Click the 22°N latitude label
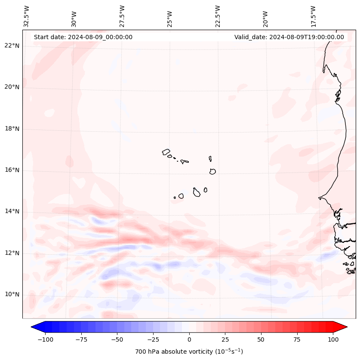pyautogui.click(x=12, y=46)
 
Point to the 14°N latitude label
pyautogui.click(x=12, y=211)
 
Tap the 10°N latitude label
pyautogui.click(x=12, y=294)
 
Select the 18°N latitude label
pyautogui.click(x=12, y=129)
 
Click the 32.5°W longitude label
pyautogui.click(x=27, y=16)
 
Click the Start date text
pyautogui.click(x=83, y=37)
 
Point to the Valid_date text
pyautogui.click(x=289, y=37)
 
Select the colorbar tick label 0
pyautogui.click(x=189, y=339)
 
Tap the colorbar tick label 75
pyautogui.click(x=297, y=339)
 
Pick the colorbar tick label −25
pyautogui.click(x=153, y=339)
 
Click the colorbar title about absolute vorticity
pyautogui.click(x=189, y=352)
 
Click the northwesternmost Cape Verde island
pyautogui.click(x=166, y=151)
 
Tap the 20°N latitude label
pyautogui.click(x=12, y=87)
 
